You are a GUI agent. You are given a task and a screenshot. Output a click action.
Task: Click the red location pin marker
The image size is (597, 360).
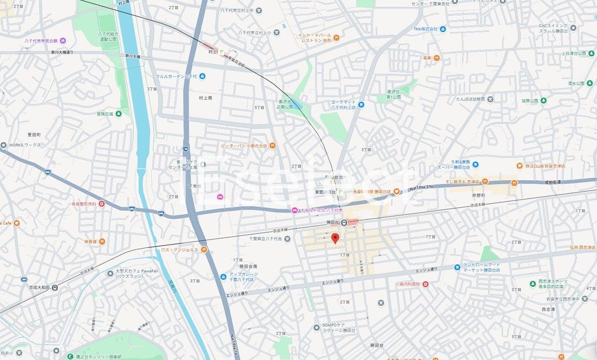pyautogui.click(x=335, y=238)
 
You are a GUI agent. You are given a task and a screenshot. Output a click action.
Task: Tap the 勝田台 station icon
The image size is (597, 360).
pyautogui.click(x=345, y=222)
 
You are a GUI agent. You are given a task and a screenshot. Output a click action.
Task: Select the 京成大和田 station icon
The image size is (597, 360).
pyautogui.click(x=55, y=287)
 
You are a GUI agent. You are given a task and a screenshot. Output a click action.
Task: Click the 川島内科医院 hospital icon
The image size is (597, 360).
pyautogui.click(x=425, y=284)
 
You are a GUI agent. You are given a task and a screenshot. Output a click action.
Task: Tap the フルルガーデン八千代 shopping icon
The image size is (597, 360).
pyautogui.click(x=202, y=76)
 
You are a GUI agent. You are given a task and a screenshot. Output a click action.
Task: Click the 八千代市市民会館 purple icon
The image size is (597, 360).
pyautogui.click(x=63, y=41)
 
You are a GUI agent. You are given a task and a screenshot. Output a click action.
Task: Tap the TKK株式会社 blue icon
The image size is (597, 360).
pyautogui.click(x=443, y=29)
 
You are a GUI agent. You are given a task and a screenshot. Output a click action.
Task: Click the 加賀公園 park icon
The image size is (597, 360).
pyautogui.click(x=543, y=100)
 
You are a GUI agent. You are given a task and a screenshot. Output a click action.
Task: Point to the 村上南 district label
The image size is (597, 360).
pyautogui.click(x=205, y=98)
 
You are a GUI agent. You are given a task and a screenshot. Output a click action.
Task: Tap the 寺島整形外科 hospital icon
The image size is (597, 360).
pyautogui.click(x=102, y=204)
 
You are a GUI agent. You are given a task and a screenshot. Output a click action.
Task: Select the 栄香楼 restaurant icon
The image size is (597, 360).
pyautogui.click(x=103, y=241)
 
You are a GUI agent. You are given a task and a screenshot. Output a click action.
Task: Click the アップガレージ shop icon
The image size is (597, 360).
pyautogui.click(x=223, y=277)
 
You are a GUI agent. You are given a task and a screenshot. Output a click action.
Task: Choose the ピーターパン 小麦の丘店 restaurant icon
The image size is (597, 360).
pyautogui.click(x=272, y=145)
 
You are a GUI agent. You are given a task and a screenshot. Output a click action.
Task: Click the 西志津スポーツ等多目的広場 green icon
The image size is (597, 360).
pyautogui.click(x=532, y=284)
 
